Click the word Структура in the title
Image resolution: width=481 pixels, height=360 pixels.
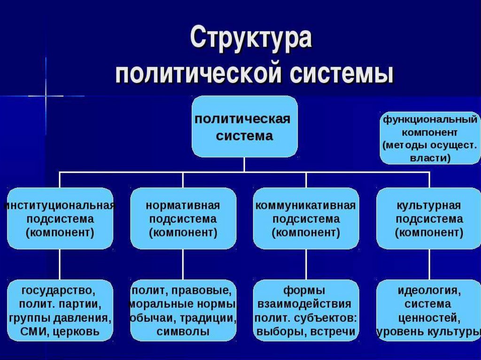(x=251, y=38)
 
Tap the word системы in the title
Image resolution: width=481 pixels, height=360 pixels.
(x=341, y=74)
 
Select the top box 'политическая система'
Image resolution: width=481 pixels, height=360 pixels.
(x=244, y=126)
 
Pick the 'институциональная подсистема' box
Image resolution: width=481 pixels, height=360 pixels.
(x=60, y=218)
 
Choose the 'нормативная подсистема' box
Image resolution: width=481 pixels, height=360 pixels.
(x=183, y=218)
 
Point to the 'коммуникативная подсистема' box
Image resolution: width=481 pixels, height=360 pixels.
(x=306, y=218)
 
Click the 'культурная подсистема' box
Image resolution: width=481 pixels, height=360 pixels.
(x=429, y=218)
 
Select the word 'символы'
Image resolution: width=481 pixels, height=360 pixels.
(x=183, y=332)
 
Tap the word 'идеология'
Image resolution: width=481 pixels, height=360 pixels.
(x=429, y=290)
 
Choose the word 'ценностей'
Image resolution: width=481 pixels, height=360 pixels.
(x=429, y=318)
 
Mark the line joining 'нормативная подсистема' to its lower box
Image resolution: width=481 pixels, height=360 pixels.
(x=183, y=264)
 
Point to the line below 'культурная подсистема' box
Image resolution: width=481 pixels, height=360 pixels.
(x=429, y=264)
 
